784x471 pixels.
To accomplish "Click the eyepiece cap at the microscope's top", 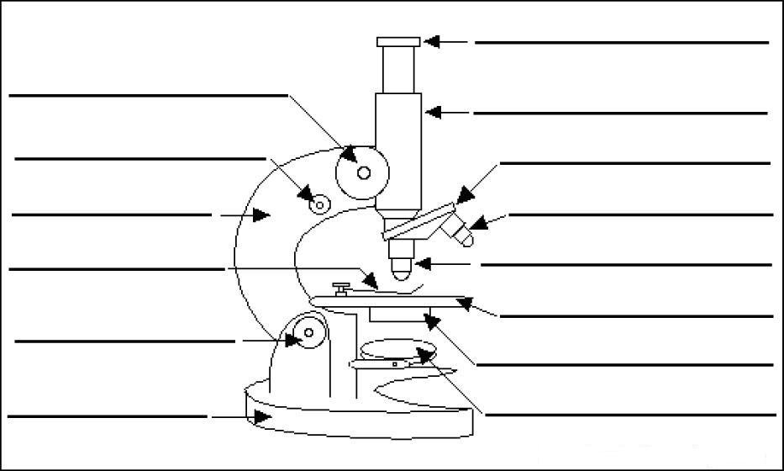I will point(398,41).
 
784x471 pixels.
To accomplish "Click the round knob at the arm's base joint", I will point(308,333).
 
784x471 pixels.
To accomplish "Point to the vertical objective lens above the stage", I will point(401,262).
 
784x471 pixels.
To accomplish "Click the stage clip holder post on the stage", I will point(341,290).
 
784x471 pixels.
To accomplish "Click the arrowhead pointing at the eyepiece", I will point(432,40).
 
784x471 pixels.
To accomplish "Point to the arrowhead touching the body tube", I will point(432,111).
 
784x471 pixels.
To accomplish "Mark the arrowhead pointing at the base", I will point(261,415).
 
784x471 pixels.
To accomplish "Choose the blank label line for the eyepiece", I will point(621,42).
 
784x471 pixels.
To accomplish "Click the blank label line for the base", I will point(107,415).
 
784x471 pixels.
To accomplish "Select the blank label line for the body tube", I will point(620,113).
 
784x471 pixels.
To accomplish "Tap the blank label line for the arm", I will point(112,215).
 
